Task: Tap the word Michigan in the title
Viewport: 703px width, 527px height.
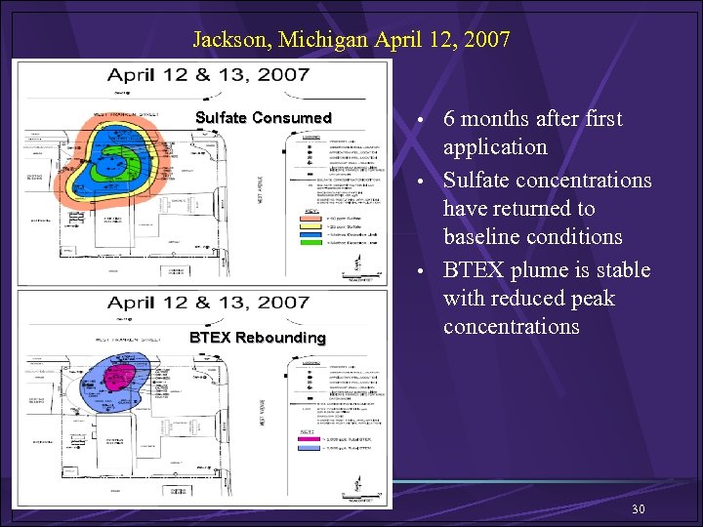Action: (x=323, y=40)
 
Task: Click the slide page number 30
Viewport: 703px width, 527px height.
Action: (x=639, y=509)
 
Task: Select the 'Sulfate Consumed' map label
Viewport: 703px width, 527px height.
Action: (x=264, y=118)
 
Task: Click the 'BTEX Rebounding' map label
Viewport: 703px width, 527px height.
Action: (x=258, y=338)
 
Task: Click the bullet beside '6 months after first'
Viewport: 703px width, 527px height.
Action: (x=420, y=120)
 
